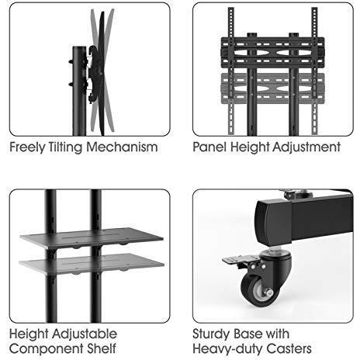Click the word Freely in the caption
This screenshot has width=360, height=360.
click(27, 147)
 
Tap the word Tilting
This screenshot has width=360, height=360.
click(65, 147)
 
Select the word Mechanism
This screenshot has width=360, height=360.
click(122, 147)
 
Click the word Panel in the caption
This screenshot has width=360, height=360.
click(209, 147)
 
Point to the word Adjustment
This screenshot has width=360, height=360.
click(306, 147)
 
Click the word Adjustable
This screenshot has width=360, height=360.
click(85, 334)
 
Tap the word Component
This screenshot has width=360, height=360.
click(46, 349)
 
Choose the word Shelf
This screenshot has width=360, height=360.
click(102, 348)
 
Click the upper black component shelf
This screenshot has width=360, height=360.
click(92, 238)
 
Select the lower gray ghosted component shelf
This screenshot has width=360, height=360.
click(92, 263)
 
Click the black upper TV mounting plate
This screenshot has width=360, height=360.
click(272, 53)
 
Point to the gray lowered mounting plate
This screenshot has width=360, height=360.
click(272, 88)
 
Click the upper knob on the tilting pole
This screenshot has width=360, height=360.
click(71, 61)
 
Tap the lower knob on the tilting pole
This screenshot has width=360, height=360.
click(71, 84)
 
